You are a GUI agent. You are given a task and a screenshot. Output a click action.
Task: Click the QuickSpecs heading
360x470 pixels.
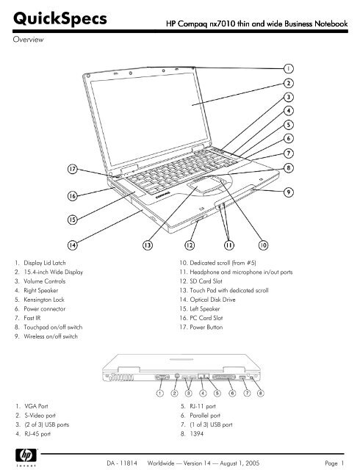pos(60,18)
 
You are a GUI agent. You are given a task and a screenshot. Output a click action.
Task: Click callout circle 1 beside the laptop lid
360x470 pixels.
pos(289,68)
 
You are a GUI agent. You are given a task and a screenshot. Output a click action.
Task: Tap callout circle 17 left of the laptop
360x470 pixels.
pos(72,169)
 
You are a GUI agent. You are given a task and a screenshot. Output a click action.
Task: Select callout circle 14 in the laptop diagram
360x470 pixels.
pos(72,245)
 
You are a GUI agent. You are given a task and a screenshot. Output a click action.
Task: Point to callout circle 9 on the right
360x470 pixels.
pos(289,192)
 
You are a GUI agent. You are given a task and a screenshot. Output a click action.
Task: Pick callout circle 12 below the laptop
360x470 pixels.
pos(190,245)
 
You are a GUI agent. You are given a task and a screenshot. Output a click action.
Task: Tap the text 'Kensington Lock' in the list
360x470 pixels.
pos(44,300)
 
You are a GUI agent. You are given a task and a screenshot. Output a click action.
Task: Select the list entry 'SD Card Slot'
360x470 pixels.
pos(206,281)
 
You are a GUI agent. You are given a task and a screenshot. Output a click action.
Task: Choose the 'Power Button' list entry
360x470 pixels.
pos(206,327)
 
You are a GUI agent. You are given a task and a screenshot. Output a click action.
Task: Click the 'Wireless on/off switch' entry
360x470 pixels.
pos(51,336)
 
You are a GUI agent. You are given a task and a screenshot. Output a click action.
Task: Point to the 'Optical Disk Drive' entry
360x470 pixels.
pos(212,300)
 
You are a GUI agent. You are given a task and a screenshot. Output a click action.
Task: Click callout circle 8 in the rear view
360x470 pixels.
pos(261,393)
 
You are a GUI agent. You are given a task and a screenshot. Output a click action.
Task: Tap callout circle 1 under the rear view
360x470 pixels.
pos(160,393)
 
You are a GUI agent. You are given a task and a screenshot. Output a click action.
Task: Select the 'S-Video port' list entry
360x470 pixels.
pos(40,416)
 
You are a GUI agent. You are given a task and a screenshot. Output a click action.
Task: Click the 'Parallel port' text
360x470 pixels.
pos(205,416)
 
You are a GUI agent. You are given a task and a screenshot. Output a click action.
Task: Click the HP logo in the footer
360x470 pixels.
pos(26,456)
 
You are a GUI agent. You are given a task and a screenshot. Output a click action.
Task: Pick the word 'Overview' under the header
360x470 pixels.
pos(28,39)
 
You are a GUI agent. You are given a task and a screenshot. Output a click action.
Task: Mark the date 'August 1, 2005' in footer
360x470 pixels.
pos(240,463)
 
